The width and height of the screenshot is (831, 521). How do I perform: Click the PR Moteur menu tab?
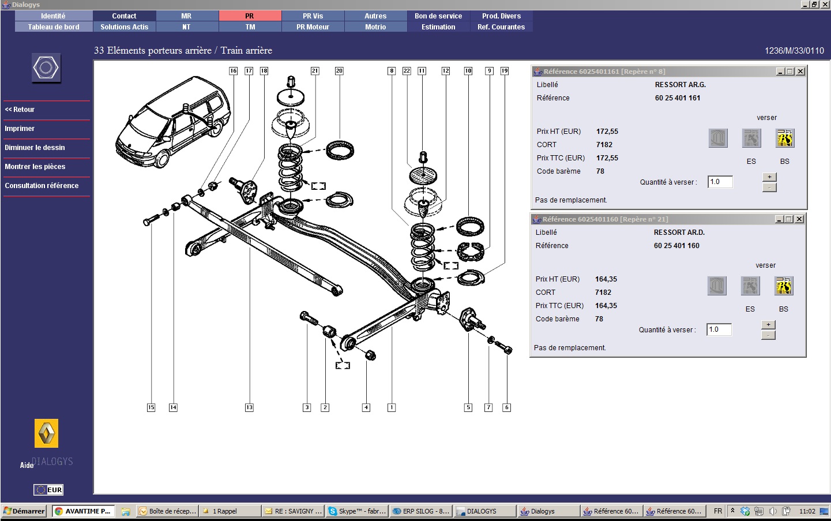tap(313, 27)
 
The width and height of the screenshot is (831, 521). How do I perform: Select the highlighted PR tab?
tap(250, 16)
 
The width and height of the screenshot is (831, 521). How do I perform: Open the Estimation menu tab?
tap(438, 27)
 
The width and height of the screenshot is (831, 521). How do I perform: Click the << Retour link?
tap(20, 110)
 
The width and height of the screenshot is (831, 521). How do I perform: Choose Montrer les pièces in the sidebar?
tap(35, 167)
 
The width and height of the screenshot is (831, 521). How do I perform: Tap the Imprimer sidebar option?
tap(20, 129)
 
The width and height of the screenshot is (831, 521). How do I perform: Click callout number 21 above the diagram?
tap(315, 71)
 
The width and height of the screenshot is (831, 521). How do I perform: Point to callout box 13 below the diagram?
tap(249, 407)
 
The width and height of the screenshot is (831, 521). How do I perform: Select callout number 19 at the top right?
tap(504, 71)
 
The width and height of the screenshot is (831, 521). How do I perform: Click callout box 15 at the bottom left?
tap(151, 407)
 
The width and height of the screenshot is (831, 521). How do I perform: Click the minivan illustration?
tap(173, 122)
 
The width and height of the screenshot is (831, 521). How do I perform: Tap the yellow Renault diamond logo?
tap(46, 433)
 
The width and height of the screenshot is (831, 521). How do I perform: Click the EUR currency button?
tap(48, 490)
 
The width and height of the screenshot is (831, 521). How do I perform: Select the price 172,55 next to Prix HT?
tap(607, 132)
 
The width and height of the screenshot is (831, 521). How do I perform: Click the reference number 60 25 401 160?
tap(676, 246)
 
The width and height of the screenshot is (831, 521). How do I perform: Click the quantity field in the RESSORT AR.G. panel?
tap(720, 182)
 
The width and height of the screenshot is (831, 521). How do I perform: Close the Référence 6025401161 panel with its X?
tap(800, 71)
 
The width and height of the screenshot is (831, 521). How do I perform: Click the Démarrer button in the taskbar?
tap(24, 511)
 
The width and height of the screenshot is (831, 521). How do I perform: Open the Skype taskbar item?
tap(357, 511)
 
